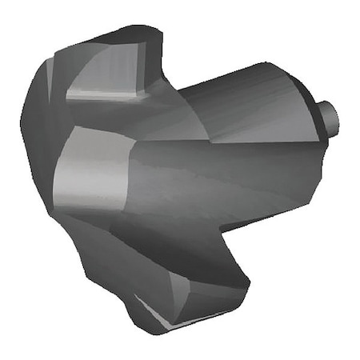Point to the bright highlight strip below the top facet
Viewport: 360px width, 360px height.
pyautogui.click(x=104, y=96)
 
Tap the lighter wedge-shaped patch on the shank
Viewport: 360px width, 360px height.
pyautogui.click(x=240, y=128)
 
